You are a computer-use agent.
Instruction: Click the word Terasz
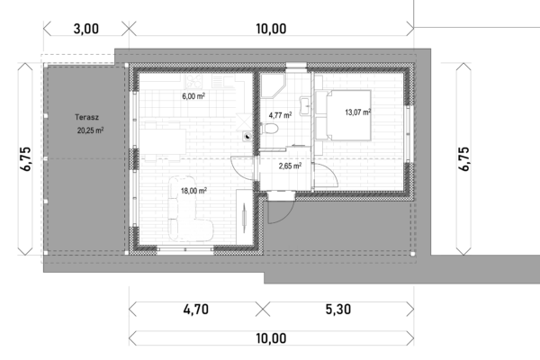(86, 117)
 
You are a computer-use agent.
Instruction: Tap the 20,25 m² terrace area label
(90, 130)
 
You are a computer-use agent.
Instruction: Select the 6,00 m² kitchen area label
(193, 96)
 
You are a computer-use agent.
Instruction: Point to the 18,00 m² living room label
(193, 191)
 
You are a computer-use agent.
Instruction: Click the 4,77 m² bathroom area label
(280, 115)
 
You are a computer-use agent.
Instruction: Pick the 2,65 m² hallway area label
(290, 166)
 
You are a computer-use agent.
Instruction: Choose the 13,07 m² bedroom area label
(358, 112)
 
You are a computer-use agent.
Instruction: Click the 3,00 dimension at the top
(86, 29)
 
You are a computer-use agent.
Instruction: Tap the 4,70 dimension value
(196, 310)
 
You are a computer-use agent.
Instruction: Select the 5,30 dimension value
(338, 310)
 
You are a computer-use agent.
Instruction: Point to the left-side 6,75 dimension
(26, 158)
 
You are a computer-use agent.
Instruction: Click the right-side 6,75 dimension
(463, 158)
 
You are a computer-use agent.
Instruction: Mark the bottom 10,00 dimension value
(271, 338)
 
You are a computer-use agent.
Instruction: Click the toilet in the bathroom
(270, 130)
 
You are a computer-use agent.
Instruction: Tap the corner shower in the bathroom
(272, 85)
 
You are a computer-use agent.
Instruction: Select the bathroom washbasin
(305, 106)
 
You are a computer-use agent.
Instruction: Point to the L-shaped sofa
(189, 210)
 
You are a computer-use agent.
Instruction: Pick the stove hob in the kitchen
(193, 82)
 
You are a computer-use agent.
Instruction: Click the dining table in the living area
(165, 141)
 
